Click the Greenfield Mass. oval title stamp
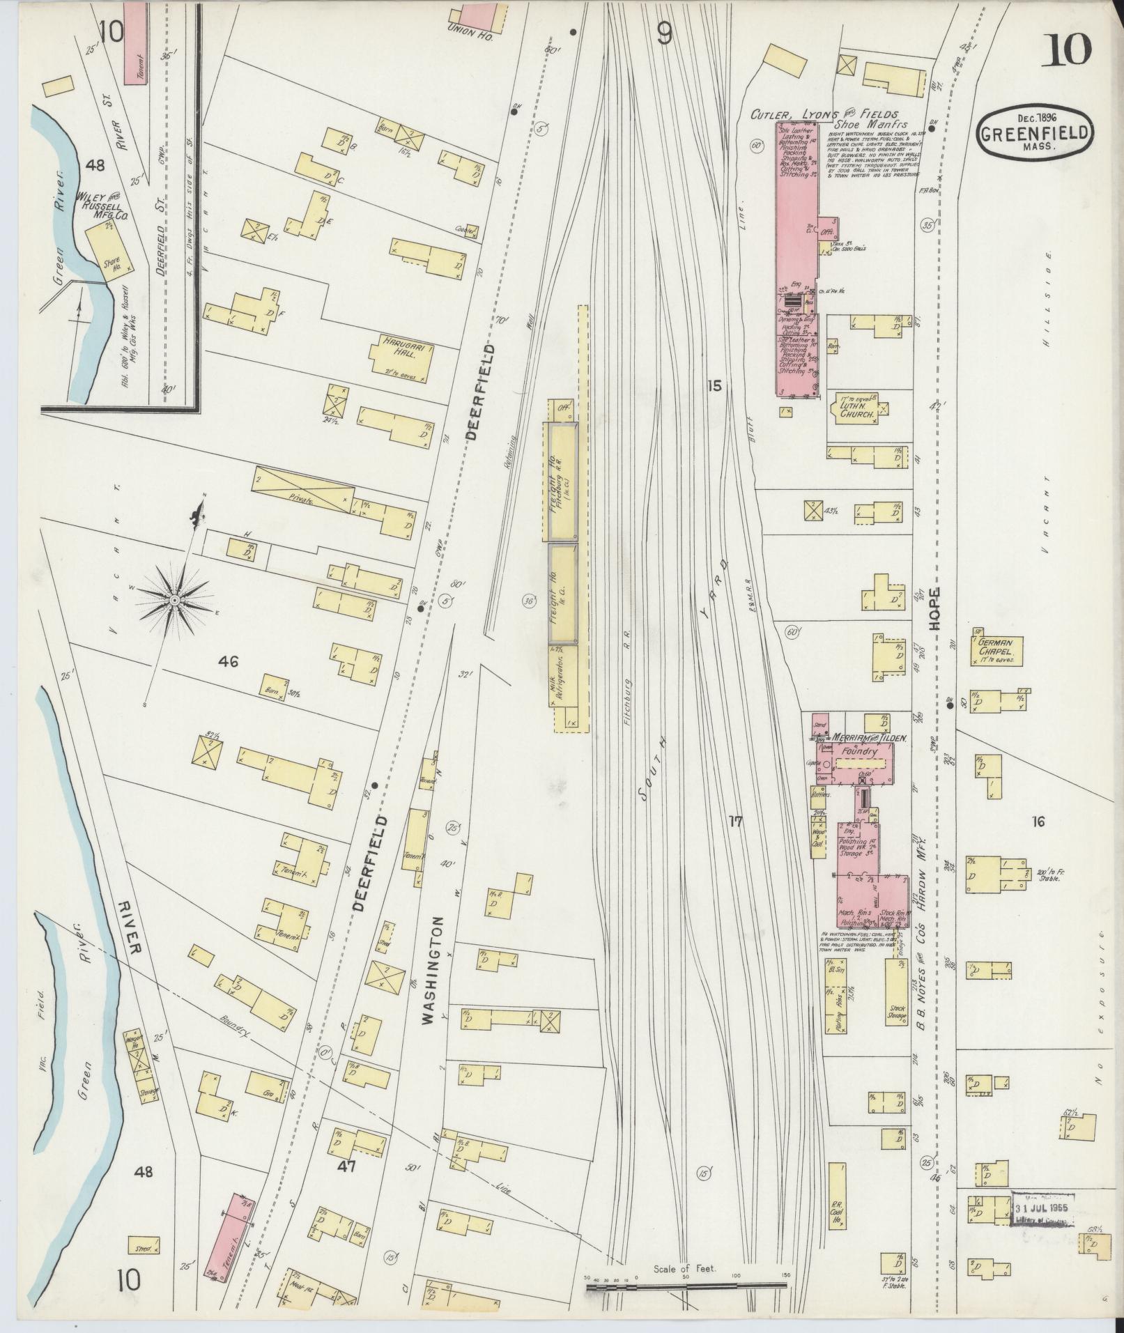(x=1035, y=130)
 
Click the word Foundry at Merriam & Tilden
(x=861, y=752)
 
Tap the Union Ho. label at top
(x=472, y=37)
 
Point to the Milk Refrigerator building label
(x=560, y=674)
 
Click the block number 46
(x=227, y=661)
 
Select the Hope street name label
(x=934, y=609)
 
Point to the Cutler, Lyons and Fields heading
(x=822, y=114)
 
